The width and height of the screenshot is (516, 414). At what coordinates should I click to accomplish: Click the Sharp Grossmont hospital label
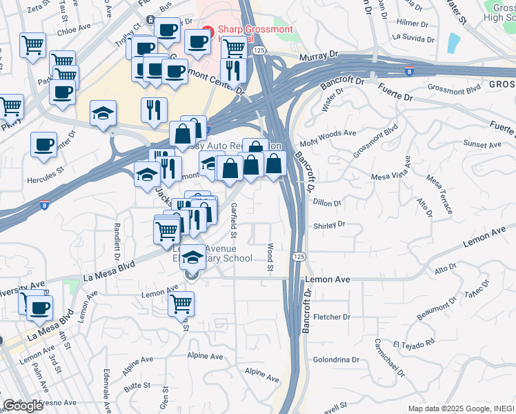tap(255, 30)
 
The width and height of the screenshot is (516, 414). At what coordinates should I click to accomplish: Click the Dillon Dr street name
tap(327, 203)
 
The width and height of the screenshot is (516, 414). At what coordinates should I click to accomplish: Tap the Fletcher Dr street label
tap(332, 317)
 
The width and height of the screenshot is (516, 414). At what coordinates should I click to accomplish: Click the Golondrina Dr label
tap(337, 359)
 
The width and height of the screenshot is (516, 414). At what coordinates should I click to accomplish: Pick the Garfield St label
tap(235, 216)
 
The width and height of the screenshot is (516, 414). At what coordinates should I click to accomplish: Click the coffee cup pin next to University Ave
tap(40, 308)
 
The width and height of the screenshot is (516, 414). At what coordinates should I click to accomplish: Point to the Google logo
tap(23, 406)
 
